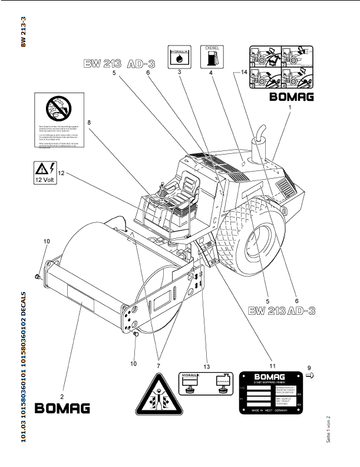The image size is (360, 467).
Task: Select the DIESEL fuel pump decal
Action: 212,56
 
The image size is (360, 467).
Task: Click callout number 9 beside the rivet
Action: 311,367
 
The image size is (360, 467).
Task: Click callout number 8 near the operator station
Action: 90,123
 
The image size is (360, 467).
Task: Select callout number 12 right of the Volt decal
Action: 61,173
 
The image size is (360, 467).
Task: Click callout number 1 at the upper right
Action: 289,107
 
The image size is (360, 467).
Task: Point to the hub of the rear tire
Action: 260,241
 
